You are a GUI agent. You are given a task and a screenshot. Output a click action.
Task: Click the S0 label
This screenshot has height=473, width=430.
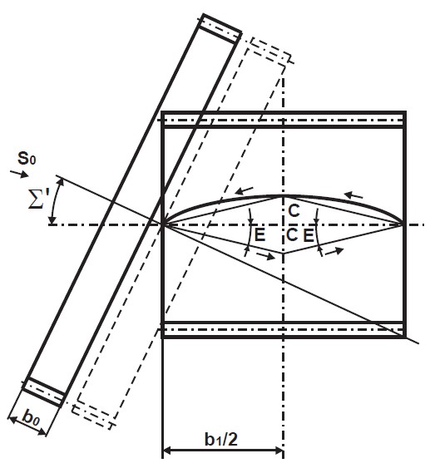[27, 158]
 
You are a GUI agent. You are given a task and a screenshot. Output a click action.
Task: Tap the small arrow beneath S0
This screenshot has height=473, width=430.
[19, 174]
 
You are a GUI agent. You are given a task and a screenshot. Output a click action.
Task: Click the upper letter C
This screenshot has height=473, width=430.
[294, 211]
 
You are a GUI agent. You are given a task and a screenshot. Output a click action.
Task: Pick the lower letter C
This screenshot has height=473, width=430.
[292, 235]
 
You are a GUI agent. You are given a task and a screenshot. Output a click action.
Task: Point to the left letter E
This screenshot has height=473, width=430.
[259, 235]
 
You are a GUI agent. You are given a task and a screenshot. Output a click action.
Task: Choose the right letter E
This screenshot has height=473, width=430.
[308, 235]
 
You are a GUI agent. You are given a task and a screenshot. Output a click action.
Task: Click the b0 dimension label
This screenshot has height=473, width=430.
[31, 418]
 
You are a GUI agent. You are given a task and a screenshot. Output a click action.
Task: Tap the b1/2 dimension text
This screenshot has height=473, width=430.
[221, 439]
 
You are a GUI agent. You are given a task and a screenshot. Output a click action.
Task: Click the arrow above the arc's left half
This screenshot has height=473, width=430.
[245, 190]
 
